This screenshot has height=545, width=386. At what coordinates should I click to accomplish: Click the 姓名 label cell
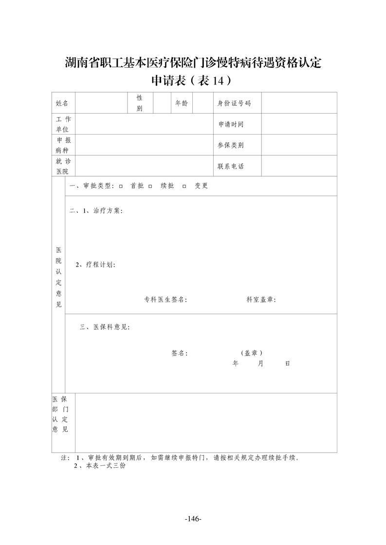(x=62, y=103)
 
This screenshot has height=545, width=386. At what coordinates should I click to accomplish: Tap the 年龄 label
(x=182, y=103)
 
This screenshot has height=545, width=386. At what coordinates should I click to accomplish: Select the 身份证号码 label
(x=234, y=103)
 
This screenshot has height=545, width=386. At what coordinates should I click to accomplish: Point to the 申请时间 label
(x=231, y=124)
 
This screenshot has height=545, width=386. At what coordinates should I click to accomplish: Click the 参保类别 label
(x=231, y=145)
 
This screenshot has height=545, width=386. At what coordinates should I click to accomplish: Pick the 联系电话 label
(x=231, y=166)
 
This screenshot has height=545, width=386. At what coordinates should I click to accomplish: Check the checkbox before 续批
(x=150, y=187)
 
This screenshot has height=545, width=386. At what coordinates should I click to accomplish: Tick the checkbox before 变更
(x=184, y=187)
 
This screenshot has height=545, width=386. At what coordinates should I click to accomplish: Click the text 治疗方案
(x=108, y=211)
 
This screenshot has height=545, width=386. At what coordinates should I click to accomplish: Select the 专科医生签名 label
(x=165, y=300)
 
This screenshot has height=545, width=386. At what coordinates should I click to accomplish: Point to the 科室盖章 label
(x=261, y=300)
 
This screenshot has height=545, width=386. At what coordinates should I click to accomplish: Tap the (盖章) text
(x=252, y=353)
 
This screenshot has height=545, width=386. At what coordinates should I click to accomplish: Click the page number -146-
(x=193, y=519)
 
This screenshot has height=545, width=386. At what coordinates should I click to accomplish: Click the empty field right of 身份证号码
(x=299, y=103)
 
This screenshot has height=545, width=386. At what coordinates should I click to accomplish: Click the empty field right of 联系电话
(x=299, y=166)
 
